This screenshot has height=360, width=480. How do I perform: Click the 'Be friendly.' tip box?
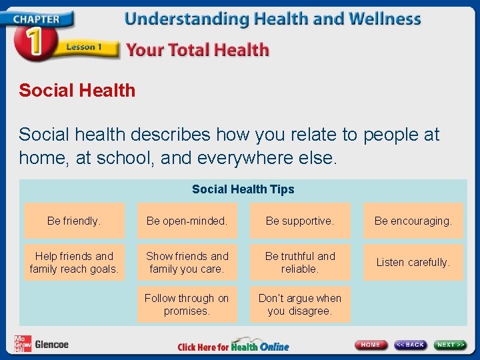click(74, 221)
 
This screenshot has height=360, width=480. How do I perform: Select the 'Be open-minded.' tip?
click(187, 221)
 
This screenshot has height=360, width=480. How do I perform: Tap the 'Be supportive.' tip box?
click(300, 221)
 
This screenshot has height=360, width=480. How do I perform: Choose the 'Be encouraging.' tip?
click(413, 221)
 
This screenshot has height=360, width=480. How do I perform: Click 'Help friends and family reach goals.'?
click(74, 263)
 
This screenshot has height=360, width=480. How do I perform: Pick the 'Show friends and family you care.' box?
click(187, 263)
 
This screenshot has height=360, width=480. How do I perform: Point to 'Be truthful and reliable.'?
click(300, 263)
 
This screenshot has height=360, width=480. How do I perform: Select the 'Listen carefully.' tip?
click(413, 263)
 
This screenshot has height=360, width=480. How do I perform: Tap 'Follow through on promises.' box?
click(187, 305)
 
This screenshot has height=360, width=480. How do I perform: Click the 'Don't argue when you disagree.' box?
click(300, 305)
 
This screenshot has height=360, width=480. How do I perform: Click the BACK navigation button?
click(410, 345)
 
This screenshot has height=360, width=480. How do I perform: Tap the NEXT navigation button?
click(451, 345)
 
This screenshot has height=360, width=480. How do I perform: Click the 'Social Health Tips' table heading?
click(243, 189)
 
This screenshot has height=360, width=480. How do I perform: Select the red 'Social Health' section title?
click(77, 91)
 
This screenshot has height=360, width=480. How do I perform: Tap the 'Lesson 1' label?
click(83, 47)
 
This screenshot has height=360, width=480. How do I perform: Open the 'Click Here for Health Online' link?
click(233, 347)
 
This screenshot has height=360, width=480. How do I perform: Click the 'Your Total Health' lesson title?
click(197, 50)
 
